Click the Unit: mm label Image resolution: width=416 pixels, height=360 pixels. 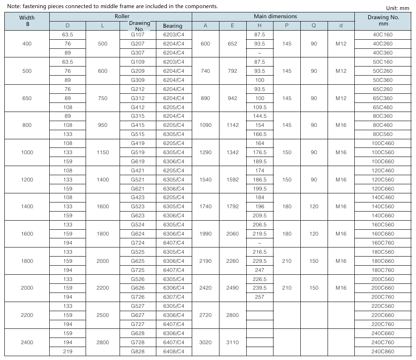(397, 8)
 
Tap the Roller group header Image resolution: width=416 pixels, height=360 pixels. (120, 16)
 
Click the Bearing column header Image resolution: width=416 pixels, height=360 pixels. (172, 26)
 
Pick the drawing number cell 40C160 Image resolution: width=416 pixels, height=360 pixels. (383, 35)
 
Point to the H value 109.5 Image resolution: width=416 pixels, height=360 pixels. (259, 107)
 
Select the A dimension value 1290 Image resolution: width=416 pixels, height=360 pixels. (205, 152)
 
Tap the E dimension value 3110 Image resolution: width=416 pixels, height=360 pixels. (232, 342)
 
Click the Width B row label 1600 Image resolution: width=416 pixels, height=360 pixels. (27, 234)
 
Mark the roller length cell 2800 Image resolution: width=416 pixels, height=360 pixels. (102, 342)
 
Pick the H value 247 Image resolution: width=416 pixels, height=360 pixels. (259, 270)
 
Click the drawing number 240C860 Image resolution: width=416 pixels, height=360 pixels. (383, 351)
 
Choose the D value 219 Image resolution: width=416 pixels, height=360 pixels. (67, 351)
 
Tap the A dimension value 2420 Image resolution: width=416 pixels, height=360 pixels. (205, 288)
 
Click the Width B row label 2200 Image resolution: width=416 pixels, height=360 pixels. (27, 315)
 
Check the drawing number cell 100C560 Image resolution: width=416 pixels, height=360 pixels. (383, 152)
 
